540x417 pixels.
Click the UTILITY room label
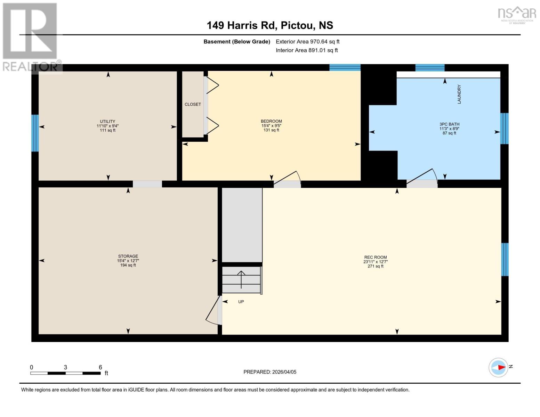[x=107, y=122]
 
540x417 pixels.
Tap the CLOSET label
[x=193, y=104]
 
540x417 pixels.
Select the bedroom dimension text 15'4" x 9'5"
[x=271, y=126]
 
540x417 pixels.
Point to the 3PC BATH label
[x=449, y=124]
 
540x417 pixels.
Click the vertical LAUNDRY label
[x=459, y=94]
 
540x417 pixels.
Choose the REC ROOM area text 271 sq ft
[x=375, y=266]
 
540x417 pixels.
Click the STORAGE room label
[x=128, y=256]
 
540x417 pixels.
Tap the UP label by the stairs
[x=241, y=302]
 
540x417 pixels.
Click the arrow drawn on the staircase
[x=241, y=279]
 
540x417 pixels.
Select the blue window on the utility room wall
[x=35, y=133]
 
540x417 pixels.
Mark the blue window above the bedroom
[x=345, y=67]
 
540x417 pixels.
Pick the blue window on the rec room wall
[x=505, y=259]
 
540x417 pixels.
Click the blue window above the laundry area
[x=430, y=67]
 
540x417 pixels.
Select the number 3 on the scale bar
[x=65, y=367]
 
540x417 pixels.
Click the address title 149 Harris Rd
[x=270, y=25]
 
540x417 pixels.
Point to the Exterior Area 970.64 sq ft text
[x=307, y=42]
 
